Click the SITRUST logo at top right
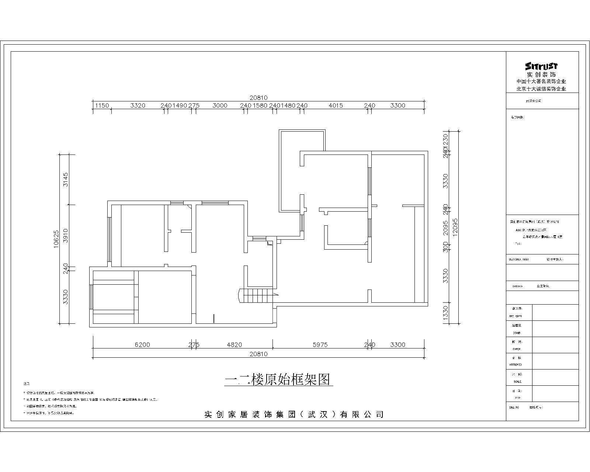[x=541, y=66]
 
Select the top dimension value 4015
[x=336, y=105]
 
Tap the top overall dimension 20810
[x=258, y=98]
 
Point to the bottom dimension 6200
[x=142, y=345]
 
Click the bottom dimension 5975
[x=320, y=345]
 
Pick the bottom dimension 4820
[x=234, y=345]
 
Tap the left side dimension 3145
[x=66, y=179]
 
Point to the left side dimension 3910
[x=66, y=235]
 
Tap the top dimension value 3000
[x=220, y=105]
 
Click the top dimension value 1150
[x=102, y=105]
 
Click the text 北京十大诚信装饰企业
[x=541, y=89]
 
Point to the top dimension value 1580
[x=260, y=105]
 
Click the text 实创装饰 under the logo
[x=541, y=74]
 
